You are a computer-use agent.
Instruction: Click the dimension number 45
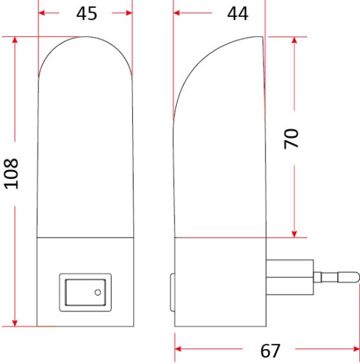(x=87, y=14)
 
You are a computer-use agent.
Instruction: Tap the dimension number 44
(x=238, y=14)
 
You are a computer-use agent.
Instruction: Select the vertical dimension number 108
(x=11, y=173)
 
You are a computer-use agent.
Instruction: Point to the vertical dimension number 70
(x=291, y=139)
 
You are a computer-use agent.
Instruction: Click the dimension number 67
(x=270, y=351)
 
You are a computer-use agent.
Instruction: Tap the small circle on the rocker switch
(x=98, y=292)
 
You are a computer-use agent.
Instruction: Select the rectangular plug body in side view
(x=290, y=277)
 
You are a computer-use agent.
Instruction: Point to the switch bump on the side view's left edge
(x=173, y=292)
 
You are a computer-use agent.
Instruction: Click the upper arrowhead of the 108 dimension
(x=15, y=40)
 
